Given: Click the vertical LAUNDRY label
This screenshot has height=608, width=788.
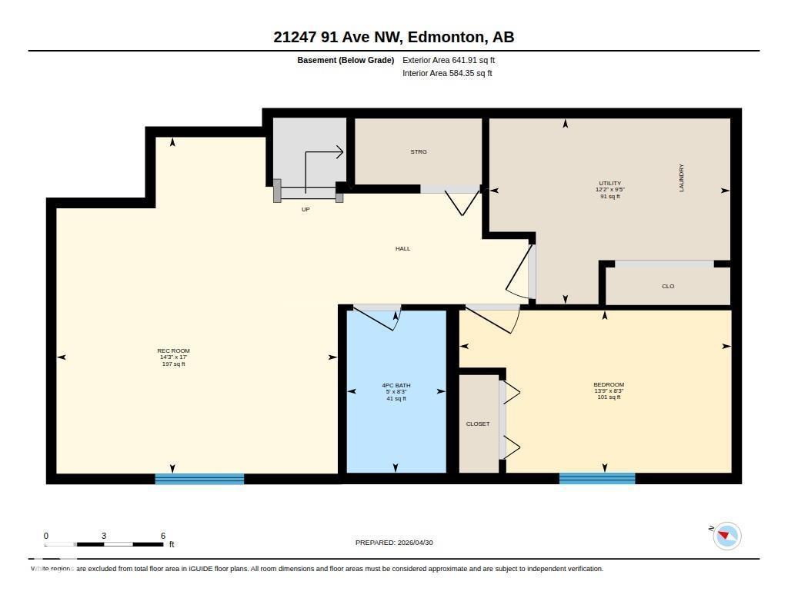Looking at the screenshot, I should (681, 178).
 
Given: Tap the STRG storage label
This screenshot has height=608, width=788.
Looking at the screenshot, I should (418, 152).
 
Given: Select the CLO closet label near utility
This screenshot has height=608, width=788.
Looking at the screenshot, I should (667, 287).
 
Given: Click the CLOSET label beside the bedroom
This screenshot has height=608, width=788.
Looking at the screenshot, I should (477, 424).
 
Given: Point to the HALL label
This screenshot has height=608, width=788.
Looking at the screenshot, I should (402, 249).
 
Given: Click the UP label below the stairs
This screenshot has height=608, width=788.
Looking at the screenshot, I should (306, 209).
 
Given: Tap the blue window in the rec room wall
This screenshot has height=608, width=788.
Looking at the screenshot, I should (199, 479).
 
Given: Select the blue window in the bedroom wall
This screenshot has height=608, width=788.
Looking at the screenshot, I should (596, 479).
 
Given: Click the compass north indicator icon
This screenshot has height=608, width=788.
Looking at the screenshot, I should (726, 536).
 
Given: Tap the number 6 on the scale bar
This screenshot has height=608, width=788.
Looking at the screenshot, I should (163, 536).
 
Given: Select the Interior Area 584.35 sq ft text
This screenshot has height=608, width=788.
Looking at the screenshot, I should (447, 74).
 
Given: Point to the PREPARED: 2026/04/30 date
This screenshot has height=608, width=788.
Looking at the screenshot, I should (394, 543).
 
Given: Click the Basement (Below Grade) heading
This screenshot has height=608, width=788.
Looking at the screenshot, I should (346, 60).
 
